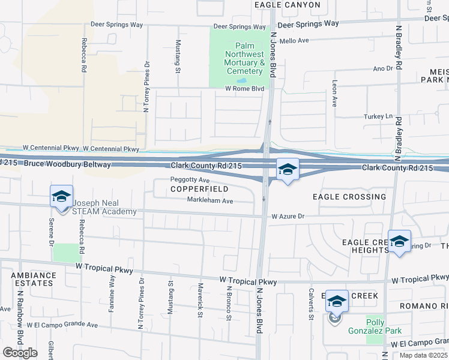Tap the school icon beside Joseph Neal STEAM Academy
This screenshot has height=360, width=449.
[61, 197]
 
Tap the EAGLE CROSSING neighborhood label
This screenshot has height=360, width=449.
[349, 197]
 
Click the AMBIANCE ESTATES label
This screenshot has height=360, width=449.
[33, 280]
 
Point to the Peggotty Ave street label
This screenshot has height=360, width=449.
[190, 180]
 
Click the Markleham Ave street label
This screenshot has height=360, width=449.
[209, 200]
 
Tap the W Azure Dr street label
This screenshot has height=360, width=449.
[289, 216]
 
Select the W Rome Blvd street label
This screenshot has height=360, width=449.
[244, 89]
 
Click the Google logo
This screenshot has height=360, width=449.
[20, 352]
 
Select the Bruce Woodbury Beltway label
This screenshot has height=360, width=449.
[62, 164]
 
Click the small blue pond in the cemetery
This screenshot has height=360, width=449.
[241, 80]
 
